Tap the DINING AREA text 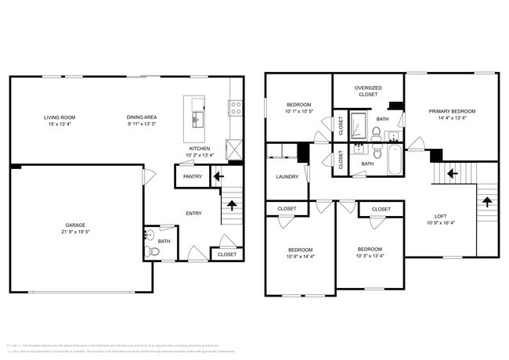click(x=143, y=117)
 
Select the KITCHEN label click(x=200, y=149)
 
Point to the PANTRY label click(x=193, y=176)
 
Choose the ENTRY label click(x=193, y=213)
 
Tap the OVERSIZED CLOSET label click(x=367, y=91)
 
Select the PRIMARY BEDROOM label click(x=452, y=111)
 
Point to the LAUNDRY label click(x=287, y=177)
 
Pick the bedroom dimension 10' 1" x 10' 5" click(x=298, y=111)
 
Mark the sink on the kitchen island click(x=197, y=120)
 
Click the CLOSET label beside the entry click(x=227, y=254)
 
